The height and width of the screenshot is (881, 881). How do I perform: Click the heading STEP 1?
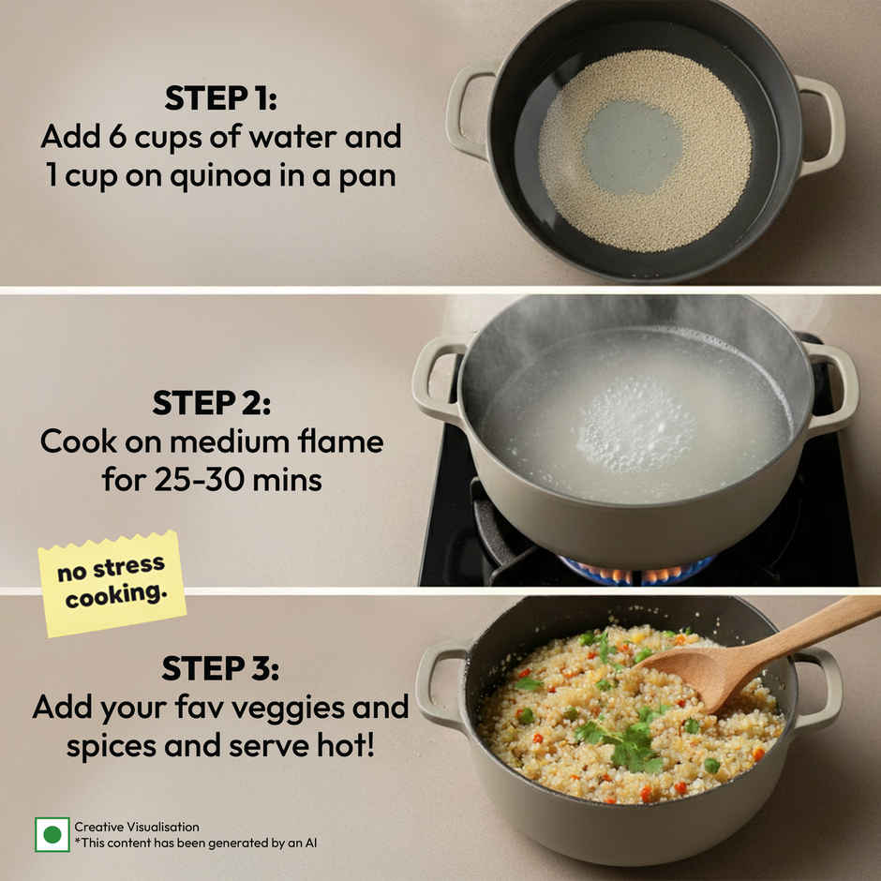220,98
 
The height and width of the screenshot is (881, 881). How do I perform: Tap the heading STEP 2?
211,403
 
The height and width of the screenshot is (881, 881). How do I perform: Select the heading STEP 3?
220,668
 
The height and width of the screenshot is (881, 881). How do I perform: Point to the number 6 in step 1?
117,137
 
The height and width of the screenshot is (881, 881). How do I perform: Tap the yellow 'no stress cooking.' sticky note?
112,583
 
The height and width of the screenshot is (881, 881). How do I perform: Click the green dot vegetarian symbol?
52,834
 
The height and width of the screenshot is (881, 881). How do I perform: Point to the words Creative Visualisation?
137,827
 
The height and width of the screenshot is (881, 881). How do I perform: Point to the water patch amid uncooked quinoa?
632,147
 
